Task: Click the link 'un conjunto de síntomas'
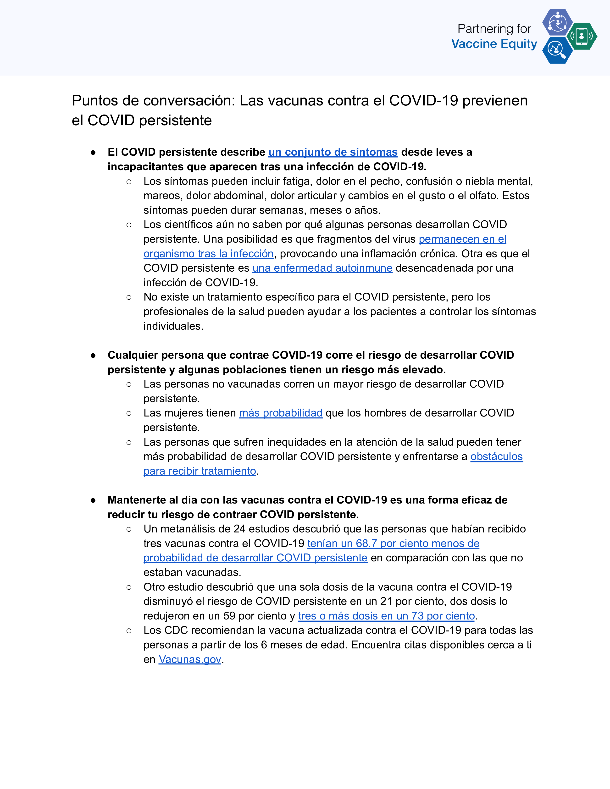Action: (x=333, y=152)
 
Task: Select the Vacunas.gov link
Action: (x=190, y=659)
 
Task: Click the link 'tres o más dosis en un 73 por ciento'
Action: (x=386, y=616)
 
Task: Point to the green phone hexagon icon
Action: (x=582, y=36)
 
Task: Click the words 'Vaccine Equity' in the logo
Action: (x=494, y=44)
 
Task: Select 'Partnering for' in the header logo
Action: (x=494, y=28)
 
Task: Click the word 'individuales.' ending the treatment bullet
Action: (x=173, y=326)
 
